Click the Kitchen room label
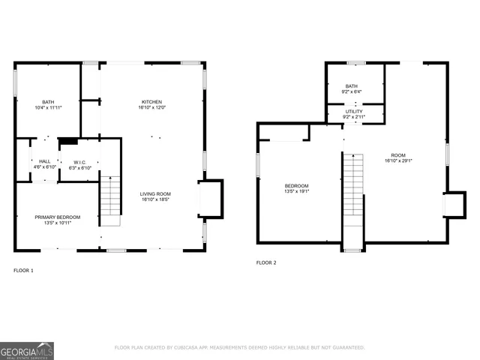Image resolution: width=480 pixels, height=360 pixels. click(151, 102)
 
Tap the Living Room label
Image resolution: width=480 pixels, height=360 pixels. click(155, 194)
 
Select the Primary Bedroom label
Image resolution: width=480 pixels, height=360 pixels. click(57, 217)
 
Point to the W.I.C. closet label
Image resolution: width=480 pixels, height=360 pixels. click(79, 161)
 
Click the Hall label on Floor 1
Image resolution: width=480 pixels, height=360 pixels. click(45, 161)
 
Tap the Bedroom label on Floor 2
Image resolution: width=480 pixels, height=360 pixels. click(296, 185)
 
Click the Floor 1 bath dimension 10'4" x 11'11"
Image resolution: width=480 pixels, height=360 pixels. click(48, 108)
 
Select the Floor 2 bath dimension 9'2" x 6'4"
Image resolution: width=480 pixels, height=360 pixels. click(352, 92)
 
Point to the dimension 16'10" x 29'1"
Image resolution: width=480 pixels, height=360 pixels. click(399, 160)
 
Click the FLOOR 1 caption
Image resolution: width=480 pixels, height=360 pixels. click(23, 269)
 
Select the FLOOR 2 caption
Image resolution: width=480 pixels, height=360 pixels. click(266, 262)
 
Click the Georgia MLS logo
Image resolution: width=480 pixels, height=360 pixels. click(27, 350)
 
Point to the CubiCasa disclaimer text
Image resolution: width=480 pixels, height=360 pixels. click(239, 347)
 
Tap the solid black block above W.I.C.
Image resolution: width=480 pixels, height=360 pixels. click(68, 140)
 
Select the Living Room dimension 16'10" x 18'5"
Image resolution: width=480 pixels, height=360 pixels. click(155, 200)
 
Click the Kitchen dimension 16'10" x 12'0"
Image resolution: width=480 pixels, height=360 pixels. click(151, 108)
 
